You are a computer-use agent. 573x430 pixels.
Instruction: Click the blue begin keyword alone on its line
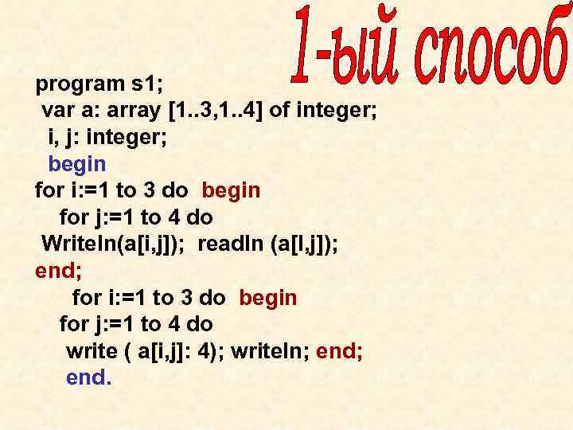coord(76,163)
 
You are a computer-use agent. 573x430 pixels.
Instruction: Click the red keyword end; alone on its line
coord(58,271)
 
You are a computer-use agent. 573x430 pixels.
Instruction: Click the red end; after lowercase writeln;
coord(340,351)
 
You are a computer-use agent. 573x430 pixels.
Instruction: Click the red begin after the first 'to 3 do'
coord(231,190)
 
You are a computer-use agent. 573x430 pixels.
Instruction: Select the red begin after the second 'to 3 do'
coord(267,298)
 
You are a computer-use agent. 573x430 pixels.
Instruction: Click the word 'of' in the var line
coord(279,109)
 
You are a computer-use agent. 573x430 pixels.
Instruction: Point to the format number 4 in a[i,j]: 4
coord(213,351)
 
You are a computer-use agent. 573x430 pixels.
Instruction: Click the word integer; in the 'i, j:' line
coord(129,137)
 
